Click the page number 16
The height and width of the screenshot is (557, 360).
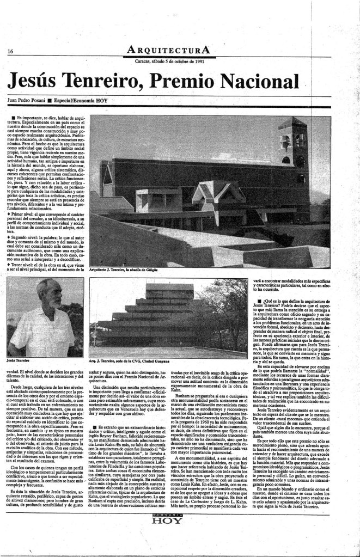[10, 51]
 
